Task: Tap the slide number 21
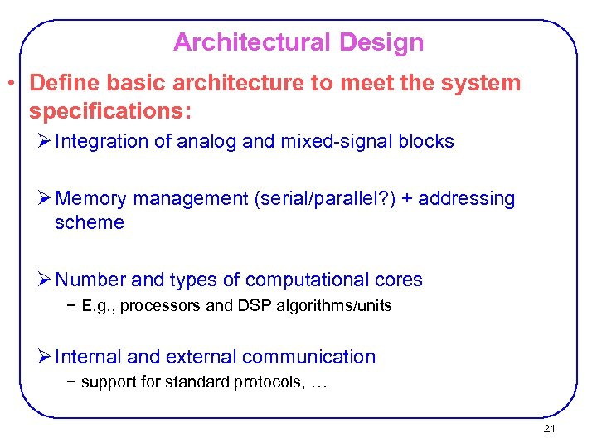549,429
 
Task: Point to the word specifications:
110,110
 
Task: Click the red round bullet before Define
12,84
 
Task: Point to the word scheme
89,222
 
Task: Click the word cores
399,280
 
